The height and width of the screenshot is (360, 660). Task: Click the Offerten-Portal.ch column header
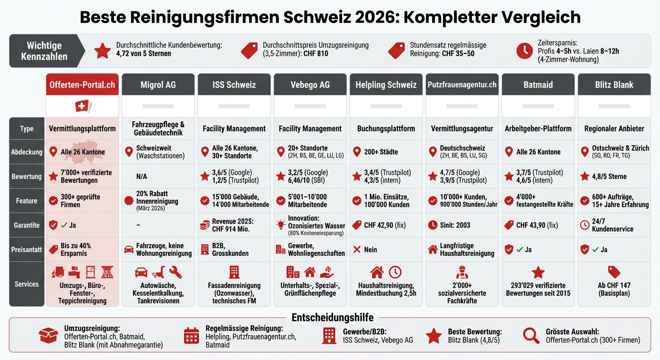(82, 85)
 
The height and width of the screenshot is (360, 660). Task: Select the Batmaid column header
(538, 85)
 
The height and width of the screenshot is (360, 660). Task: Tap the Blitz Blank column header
(614, 85)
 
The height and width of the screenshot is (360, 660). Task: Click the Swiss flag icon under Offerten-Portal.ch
(82, 106)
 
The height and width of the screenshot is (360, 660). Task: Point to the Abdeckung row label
(27, 152)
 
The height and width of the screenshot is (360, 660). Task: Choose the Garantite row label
(27, 225)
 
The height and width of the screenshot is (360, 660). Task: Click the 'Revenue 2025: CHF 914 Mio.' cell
(233, 225)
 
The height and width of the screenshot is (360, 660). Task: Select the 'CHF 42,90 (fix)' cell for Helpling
(384, 225)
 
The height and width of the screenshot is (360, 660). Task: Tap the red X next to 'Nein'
(357, 249)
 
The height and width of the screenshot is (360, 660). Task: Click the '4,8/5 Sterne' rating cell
(609, 176)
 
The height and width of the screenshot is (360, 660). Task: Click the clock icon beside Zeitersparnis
(524, 51)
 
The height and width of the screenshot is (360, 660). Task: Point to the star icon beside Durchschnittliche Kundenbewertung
(103, 51)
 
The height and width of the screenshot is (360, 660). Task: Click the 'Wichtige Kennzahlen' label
(44, 51)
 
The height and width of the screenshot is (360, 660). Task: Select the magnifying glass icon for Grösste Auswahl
(531, 335)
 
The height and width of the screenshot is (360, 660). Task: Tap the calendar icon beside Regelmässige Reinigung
(191, 336)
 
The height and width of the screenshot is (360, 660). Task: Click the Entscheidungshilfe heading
(332, 317)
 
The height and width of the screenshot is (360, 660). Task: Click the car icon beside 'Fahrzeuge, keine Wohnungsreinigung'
(128, 249)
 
